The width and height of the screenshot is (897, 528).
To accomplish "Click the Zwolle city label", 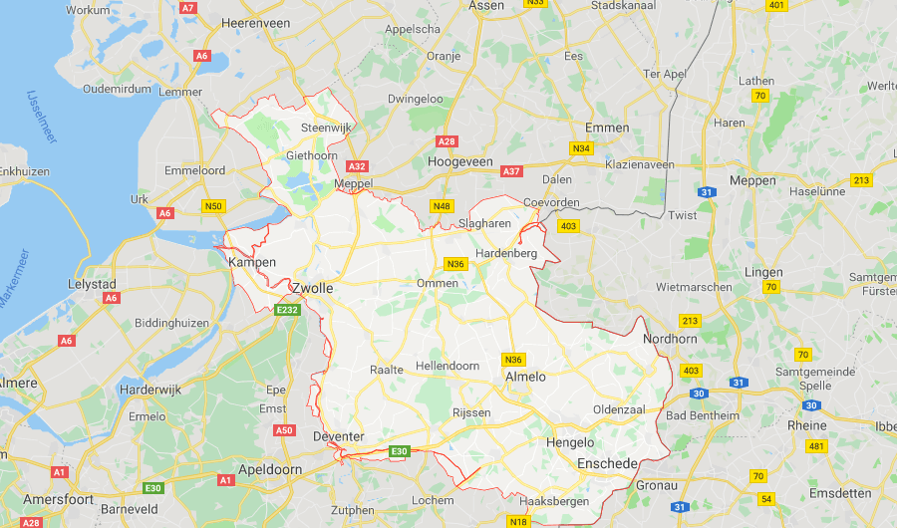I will point(312,288).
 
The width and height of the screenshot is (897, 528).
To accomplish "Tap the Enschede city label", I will point(608,464).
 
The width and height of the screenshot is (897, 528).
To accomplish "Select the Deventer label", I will point(337,436).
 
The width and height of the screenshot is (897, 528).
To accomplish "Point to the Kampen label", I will point(252,262).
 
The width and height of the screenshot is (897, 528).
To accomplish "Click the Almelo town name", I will point(526,377).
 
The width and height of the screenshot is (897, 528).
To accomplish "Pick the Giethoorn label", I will point(311,155).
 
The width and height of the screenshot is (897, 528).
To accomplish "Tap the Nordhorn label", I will point(671,339).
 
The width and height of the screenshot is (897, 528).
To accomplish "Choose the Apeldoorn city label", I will point(270,468).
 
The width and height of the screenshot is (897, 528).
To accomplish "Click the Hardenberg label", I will point(506,254).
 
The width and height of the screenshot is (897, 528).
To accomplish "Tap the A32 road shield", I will point(358,166).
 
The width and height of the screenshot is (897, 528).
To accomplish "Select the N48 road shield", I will point(442,206).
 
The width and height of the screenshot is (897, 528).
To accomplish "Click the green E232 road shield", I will point(288,311).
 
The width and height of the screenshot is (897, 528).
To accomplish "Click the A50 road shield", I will point(284,430).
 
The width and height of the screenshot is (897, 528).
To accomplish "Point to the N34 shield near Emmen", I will point(581,148).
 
